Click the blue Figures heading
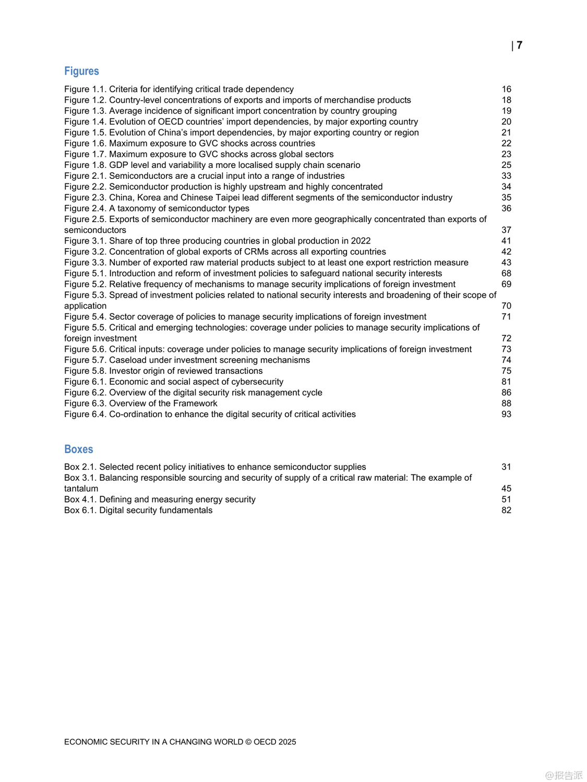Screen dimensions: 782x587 pos(81,71)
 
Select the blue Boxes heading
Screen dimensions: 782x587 pos(78,449)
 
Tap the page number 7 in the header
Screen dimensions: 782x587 pos(519,45)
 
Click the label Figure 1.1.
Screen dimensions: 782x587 pos(85,89)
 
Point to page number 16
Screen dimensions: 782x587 pos(506,89)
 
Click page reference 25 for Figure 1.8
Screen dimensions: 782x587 pos(506,165)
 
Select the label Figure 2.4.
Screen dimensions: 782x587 pos(85,208)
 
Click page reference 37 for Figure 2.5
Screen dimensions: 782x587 pos(506,230)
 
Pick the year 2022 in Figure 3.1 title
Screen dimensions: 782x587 pos(361,241)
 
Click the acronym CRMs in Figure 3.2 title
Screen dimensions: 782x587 pos(256,252)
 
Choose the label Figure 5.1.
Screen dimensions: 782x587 pos(85,273)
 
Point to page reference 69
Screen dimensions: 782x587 pos(506,284)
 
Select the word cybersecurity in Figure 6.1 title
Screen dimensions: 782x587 pos(257,382)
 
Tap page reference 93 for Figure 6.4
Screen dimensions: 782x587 pos(506,414)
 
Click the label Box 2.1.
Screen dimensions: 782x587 pos(80,467)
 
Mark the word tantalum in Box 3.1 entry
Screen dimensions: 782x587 pos(81,488)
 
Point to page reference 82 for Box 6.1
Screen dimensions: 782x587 pos(506,510)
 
